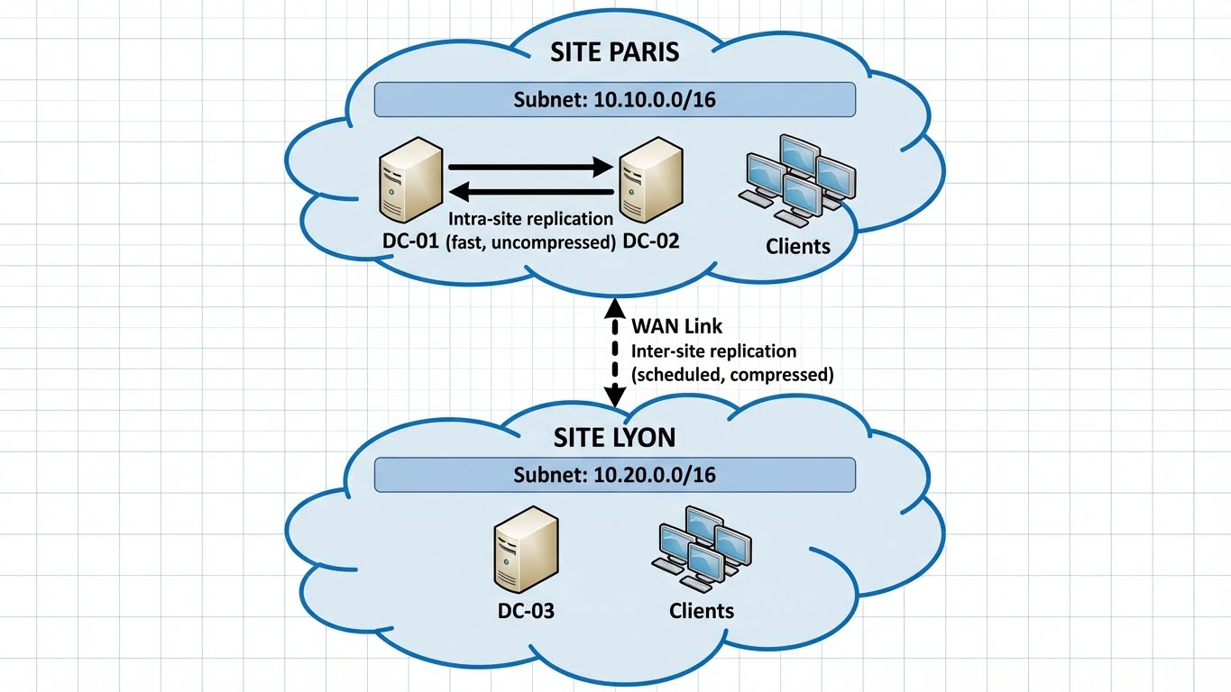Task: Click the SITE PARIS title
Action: (x=614, y=51)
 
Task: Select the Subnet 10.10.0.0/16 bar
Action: (x=614, y=99)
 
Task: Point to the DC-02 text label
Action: (x=648, y=242)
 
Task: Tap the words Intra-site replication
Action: (x=530, y=219)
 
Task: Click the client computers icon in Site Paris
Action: (x=797, y=180)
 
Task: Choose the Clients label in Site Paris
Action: (x=797, y=246)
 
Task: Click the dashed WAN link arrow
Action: (x=615, y=351)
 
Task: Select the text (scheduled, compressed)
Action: (x=732, y=374)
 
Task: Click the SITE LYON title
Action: (x=614, y=438)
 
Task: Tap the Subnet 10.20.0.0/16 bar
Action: (x=614, y=475)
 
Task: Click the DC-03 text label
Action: (x=526, y=611)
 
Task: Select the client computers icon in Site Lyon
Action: (x=702, y=546)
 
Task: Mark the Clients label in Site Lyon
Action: (x=702, y=611)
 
